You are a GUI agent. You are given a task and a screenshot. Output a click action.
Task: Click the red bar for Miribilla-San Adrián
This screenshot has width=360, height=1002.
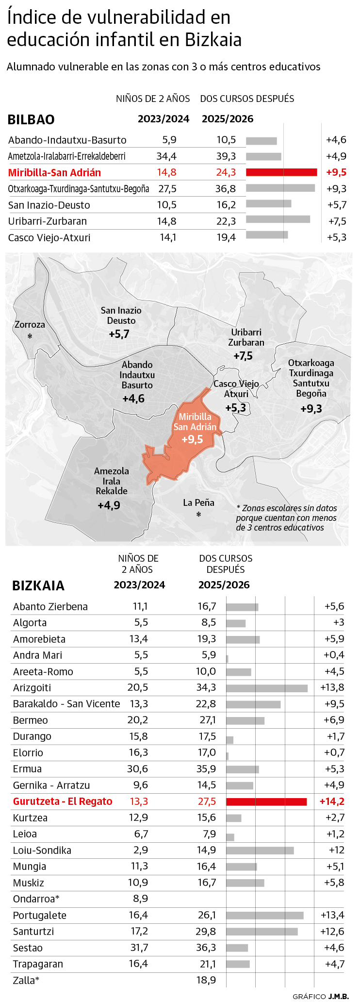(281, 172)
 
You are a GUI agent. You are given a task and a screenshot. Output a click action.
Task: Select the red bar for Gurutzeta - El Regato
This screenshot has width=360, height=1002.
(266, 802)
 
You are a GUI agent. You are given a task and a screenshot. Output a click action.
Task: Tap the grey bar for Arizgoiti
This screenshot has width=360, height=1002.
(266, 688)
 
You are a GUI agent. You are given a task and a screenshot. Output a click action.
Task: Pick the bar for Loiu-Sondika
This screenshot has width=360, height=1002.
(260, 851)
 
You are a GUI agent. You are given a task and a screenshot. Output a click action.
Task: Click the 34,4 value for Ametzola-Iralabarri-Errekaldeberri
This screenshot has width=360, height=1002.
(166, 156)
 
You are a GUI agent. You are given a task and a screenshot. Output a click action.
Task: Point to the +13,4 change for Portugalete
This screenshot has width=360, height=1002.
(332, 915)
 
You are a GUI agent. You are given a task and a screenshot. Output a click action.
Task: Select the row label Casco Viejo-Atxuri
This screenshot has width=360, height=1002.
(49, 238)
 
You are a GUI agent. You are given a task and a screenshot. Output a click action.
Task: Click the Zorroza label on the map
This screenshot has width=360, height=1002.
(30, 325)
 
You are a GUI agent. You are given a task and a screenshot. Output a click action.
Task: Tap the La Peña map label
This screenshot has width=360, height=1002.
(198, 503)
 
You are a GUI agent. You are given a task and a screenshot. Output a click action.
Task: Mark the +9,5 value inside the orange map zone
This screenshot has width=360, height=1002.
(192, 440)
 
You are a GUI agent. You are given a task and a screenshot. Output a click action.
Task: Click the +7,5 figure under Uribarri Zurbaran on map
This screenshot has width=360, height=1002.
(243, 356)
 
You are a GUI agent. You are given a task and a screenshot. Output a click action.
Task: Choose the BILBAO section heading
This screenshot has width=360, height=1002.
(31, 119)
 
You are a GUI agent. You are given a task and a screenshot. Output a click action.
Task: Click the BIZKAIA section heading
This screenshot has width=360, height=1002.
(38, 585)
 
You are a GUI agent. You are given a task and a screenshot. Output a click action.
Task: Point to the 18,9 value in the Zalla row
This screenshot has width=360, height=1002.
(206, 980)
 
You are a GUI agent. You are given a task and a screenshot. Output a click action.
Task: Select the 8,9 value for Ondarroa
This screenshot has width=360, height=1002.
(140, 899)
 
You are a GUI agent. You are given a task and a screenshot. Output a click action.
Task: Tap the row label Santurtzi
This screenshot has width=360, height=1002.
(33, 932)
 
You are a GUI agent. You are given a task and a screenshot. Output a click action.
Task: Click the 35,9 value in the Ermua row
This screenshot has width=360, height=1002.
(206, 769)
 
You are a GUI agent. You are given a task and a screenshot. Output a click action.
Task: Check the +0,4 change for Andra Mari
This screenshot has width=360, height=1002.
(334, 655)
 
